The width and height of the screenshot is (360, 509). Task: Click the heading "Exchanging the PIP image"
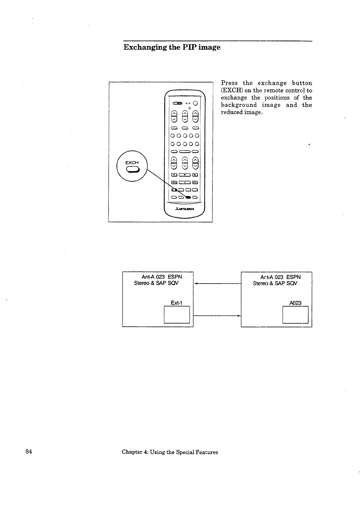(x=172, y=48)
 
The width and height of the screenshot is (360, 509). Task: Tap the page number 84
(x=29, y=452)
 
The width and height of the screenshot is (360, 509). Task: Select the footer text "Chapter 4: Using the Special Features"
(x=170, y=452)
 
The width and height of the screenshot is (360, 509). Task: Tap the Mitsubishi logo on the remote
(x=184, y=209)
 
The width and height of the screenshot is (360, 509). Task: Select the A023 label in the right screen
(x=295, y=303)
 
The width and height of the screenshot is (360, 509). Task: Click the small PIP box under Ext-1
(x=177, y=315)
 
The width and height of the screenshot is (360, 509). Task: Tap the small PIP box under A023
(x=295, y=315)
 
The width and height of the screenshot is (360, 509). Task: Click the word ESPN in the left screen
(x=175, y=277)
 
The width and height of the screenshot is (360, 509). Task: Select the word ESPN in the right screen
(x=293, y=277)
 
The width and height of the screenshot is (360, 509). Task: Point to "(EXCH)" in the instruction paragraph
(x=232, y=90)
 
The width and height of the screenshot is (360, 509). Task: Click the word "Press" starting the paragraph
(x=229, y=83)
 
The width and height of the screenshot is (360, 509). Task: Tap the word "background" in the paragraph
(x=239, y=105)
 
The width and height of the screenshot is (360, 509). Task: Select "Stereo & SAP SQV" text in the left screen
(x=156, y=283)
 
